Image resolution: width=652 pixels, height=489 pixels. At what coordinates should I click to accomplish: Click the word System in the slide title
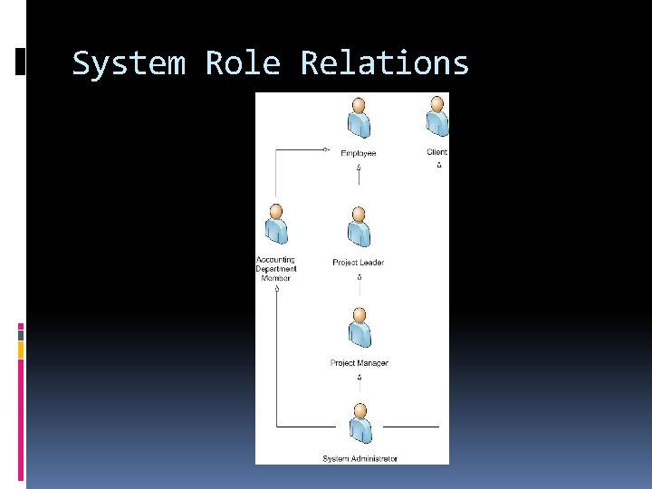pyautogui.click(x=129, y=64)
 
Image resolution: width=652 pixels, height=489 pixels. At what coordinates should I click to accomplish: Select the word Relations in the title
pyautogui.click(x=385, y=64)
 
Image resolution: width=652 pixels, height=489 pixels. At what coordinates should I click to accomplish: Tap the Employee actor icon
pyautogui.click(x=359, y=120)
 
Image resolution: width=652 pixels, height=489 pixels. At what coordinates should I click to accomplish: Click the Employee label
pyautogui.click(x=359, y=153)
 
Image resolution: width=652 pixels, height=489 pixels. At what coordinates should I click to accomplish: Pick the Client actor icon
pyautogui.click(x=437, y=118)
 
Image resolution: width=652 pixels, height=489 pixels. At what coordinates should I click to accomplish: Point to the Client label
pyautogui.click(x=437, y=152)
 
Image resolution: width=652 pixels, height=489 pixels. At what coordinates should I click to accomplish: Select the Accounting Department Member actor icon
pyautogui.click(x=275, y=226)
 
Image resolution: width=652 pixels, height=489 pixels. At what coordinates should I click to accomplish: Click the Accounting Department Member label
pyautogui.click(x=276, y=269)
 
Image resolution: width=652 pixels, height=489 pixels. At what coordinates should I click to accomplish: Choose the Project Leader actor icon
pyautogui.click(x=359, y=229)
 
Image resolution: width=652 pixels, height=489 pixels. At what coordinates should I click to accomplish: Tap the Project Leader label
pyautogui.click(x=359, y=263)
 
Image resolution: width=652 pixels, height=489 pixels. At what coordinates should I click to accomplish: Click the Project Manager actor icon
pyautogui.click(x=360, y=329)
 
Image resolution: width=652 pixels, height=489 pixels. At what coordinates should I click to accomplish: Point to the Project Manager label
pyautogui.click(x=360, y=363)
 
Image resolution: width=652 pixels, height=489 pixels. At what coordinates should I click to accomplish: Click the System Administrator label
pyautogui.click(x=360, y=459)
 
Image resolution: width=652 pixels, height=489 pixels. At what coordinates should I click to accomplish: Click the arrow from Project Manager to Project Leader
pyautogui.click(x=360, y=283)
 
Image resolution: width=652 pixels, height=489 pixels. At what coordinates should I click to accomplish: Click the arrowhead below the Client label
pyautogui.click(x=438, y=165)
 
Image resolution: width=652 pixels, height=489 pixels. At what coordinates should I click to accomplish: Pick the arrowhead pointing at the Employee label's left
pyautogui.click(x=327, y=151)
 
